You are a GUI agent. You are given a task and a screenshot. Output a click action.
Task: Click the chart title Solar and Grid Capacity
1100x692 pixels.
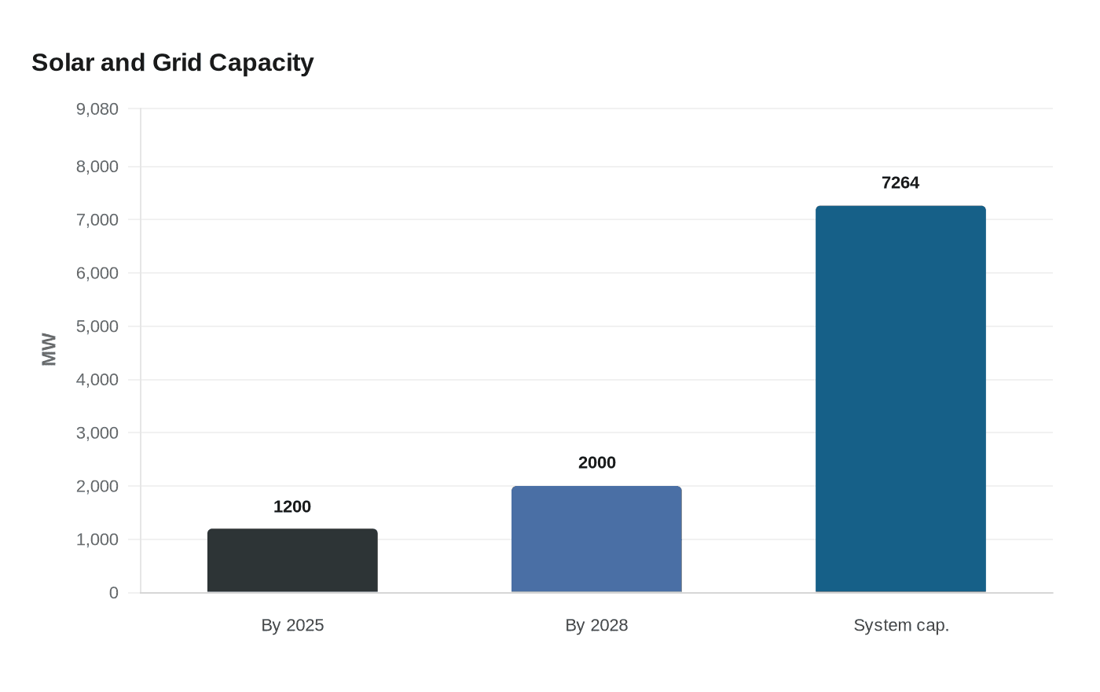pyautogui.click(x=172, y=62)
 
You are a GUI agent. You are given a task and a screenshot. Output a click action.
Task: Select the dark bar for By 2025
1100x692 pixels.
pyautogui.click(x=292, y=561)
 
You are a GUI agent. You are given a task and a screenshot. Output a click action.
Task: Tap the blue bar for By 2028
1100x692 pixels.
pyautogui.click(x=596, y=539)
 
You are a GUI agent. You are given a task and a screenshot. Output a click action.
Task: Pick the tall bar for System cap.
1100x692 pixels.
pyautogui.click(x=900, y=399)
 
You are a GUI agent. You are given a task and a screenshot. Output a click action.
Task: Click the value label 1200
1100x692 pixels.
pyautogui.click(x=292, y=507)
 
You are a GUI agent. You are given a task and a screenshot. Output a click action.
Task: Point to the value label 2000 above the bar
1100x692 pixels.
pyautogui.click(x=596, y=463)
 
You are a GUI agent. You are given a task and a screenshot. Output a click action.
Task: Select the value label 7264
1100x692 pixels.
pyautogui.click(x=900, y=183)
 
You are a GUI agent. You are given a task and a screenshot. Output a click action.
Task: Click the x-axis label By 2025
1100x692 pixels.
pyautogui.click(x=292, y=625)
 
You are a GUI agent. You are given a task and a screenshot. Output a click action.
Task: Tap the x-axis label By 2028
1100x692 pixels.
pyautogui.click(x=596, y=625)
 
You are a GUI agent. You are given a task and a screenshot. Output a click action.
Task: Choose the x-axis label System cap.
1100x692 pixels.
pyautogui.click(x=900, y=625)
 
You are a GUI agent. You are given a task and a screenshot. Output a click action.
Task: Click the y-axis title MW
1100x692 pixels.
pyautogui.click(x=49, y=350)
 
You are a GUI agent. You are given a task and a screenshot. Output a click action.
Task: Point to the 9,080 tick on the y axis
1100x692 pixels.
pyautogui.click(x=97, y=109)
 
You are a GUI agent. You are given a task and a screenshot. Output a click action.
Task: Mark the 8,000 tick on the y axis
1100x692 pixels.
pyautogui.click(x=97, y=167)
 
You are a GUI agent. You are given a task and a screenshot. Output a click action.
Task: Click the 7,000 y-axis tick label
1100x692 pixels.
pyautogui.click(x=97, y=220)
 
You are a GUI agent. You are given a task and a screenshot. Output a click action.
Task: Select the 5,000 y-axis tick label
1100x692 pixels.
pyautogui.click(x=97, y=326)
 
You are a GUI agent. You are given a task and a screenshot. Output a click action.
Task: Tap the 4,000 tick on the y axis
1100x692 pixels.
pyautogui.click(x=97, y=380)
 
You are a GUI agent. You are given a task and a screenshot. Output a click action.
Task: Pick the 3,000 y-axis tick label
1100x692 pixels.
pyautogui.click(x=97, y=433)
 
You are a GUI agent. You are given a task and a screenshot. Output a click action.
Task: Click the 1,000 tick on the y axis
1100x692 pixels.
pyautogui.click(x=97, y=539)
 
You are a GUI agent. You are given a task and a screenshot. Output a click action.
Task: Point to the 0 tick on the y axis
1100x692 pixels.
pyautogui.click(x=114, y=593)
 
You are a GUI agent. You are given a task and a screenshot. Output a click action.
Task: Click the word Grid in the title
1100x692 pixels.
pyautogui.click(x=177, y=62)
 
